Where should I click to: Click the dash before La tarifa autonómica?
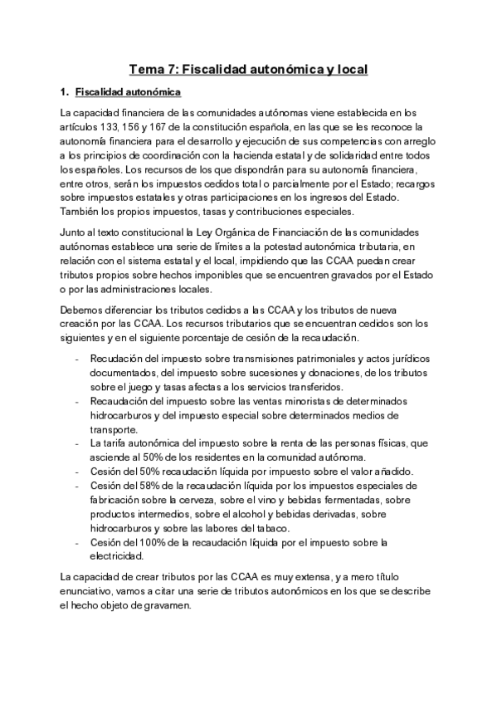coord(76,444)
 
